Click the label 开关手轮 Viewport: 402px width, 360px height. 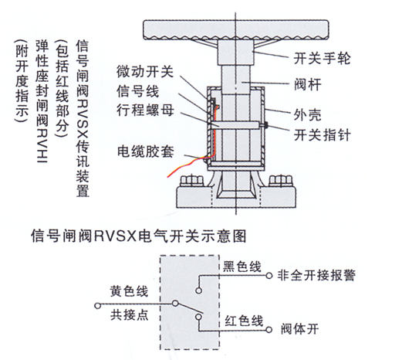tap(322, 59)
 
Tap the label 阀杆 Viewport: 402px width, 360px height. tap(308, 84)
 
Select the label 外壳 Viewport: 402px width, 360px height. tap(308, 115)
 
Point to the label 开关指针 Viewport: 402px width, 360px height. tap(322, 134)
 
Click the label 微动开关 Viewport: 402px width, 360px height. tap(145, 71)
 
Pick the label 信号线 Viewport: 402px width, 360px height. tap(138, 91)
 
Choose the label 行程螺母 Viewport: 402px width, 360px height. tap(145, 110)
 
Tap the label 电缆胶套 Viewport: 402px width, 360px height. tap(146, 151)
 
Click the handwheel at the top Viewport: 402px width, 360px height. tap(236, 29)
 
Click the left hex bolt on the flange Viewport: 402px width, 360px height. tap(192, 181)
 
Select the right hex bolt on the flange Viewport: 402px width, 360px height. tap(281, 181)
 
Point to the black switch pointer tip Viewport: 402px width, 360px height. tap(265, 125)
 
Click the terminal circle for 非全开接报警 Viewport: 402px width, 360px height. tap(269, 276)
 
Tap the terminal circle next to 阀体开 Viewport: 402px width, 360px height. tap(269, 330)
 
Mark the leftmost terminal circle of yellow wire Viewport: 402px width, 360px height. tap(97, 306)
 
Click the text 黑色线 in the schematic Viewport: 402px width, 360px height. tap(242, 267)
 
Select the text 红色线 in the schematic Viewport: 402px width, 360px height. tap(244, 321)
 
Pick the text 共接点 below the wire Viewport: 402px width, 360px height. tap(130, 314)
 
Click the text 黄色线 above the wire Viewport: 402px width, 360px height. tap(129, 291)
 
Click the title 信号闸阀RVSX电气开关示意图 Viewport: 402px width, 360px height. tap(139, 236)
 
